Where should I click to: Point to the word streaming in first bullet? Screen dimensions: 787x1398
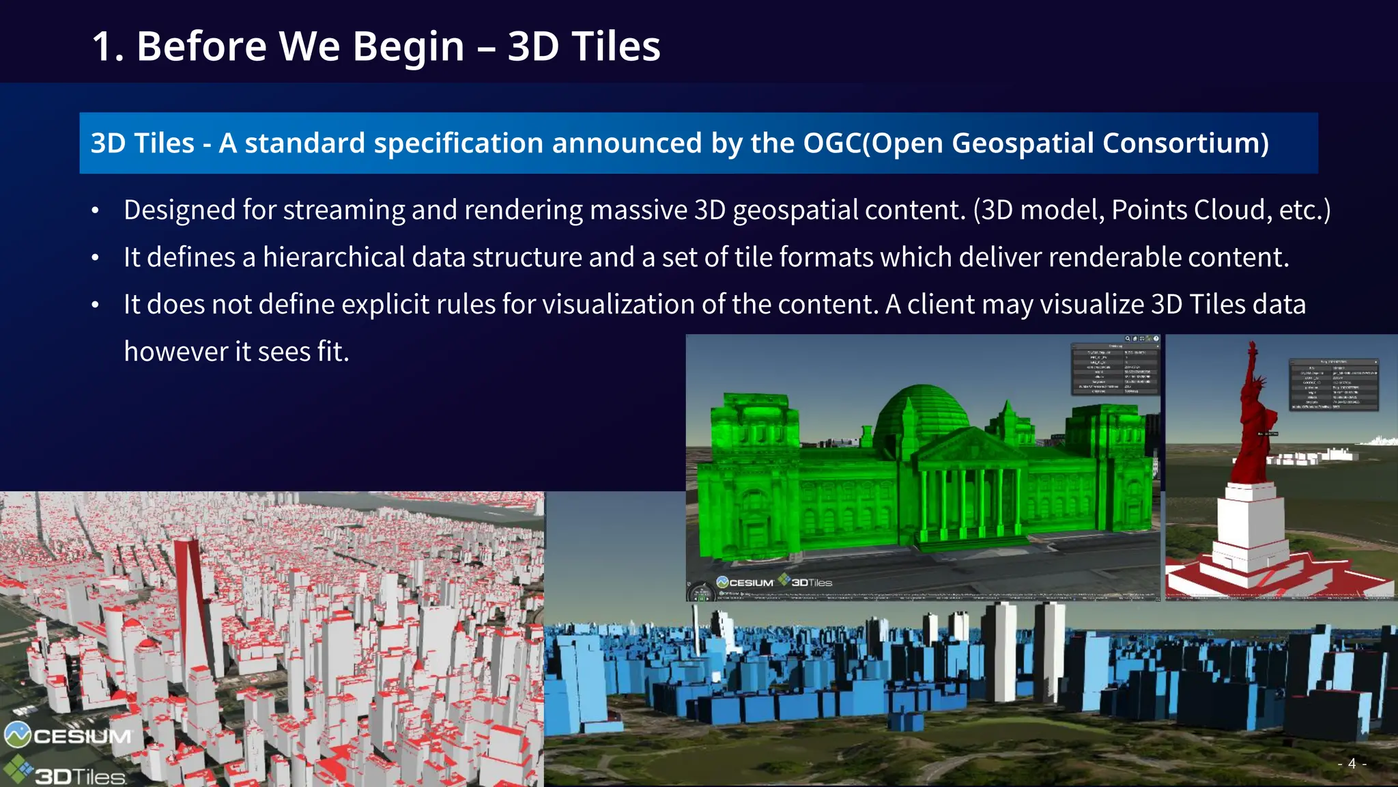[x=344, y=210]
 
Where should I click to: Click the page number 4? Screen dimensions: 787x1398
[x=1352, y=764]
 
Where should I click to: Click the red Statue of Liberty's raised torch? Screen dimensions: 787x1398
[x=1252, y=348]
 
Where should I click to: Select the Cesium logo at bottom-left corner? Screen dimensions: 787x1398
[x=68, y=736]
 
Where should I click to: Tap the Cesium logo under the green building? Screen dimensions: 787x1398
[x=745, y=582]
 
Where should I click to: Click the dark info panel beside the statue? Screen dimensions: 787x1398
[x=1333, y=384]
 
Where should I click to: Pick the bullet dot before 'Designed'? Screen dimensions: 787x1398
[x=96, y=210]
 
